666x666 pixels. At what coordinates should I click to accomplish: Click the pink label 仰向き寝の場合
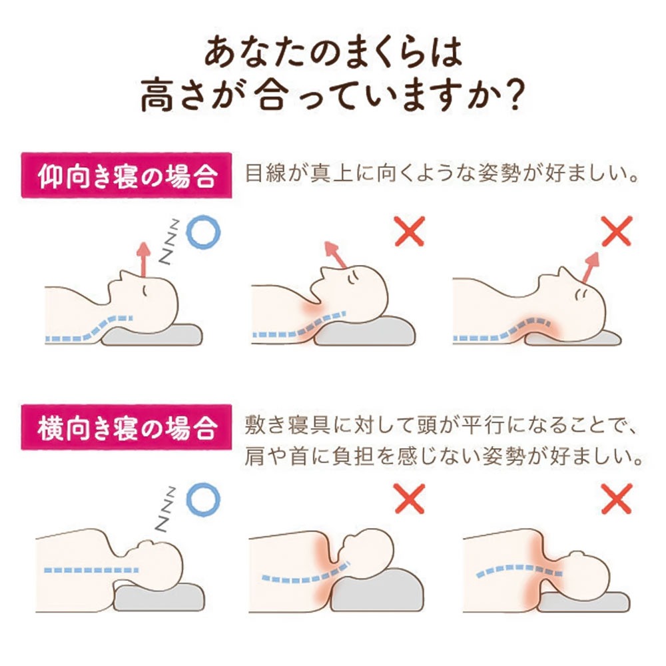(127, 177)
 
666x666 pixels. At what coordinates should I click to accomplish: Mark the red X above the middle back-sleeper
(409, 231)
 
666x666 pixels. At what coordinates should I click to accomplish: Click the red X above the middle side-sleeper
(409, 498)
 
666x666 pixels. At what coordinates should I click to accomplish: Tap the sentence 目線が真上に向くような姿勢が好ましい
(442, 177)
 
